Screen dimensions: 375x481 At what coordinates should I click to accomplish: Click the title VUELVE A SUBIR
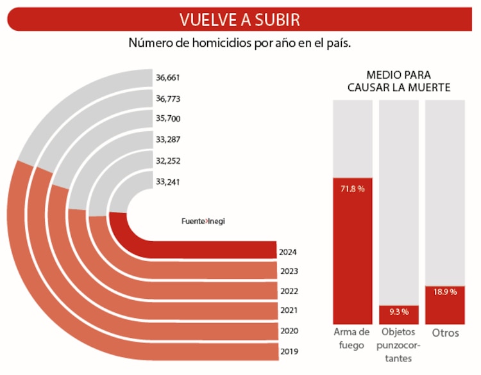tap(239, 19)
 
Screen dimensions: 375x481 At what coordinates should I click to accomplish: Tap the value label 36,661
tap(167, 78)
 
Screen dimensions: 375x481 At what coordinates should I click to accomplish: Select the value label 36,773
tap(167, 99)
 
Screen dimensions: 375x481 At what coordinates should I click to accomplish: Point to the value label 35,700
tap(167, 119)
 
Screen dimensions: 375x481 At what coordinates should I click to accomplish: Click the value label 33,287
tap(167, 140)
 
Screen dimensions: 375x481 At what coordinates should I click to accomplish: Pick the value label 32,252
tap(167, 161)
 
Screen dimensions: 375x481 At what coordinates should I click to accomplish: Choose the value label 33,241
tap(167, 182)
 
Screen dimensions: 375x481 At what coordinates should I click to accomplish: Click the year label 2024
tap(288, 252)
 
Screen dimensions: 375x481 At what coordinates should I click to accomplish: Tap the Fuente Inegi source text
tap(202, 221)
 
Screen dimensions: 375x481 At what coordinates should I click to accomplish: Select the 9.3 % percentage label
tap(398, 312)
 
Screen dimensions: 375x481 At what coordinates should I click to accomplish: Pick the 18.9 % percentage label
tap(444, 292)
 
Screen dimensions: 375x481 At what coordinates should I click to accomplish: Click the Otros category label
tap(445, 333)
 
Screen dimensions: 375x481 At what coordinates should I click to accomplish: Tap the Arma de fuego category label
tap(352, 339)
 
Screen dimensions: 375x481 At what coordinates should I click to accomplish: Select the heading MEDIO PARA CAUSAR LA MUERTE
tap(399, 81)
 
